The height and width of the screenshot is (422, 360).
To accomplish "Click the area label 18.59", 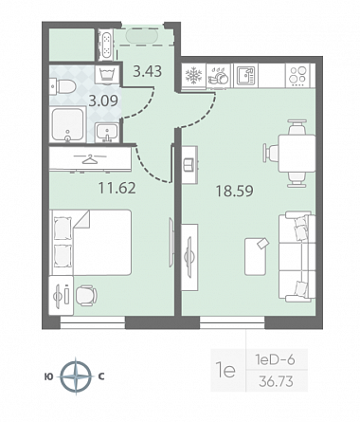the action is [x=234, y=192].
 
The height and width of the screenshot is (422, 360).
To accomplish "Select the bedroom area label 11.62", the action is [x=117, y=188].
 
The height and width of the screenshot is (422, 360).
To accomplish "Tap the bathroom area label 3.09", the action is [x=103, y=101].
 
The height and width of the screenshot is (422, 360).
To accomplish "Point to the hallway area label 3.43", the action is [x=148, y=71].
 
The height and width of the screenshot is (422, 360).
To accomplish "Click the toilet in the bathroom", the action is [x=63, y=86].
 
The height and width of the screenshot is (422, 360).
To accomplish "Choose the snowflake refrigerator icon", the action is [x=192, y=76].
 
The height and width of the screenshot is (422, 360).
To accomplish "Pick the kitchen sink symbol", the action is [x=245, y=76].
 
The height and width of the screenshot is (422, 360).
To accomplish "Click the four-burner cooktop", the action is [x=298, y=76].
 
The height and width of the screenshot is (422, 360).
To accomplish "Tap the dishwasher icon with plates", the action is [x=218, y=75].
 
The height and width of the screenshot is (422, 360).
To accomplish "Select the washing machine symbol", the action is [x=107, y=75].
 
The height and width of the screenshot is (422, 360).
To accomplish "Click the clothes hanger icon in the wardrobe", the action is [x=90, y=158].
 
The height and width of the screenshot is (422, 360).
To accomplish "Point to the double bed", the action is [x=92, y=243].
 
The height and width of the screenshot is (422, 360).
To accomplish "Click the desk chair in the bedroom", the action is [x=86, y=296].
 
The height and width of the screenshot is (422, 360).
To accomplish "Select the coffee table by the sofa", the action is [x=255, y=256].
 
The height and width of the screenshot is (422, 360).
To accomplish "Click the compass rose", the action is [x=76, y=376].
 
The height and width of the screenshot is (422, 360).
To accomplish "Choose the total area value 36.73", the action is [x=276, y=381].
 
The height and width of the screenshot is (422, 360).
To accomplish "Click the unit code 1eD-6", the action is [x=276, y=360].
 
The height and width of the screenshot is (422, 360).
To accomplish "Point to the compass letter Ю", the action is [x=49, y=376].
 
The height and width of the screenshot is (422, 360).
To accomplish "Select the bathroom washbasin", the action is [x=107, y=133].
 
